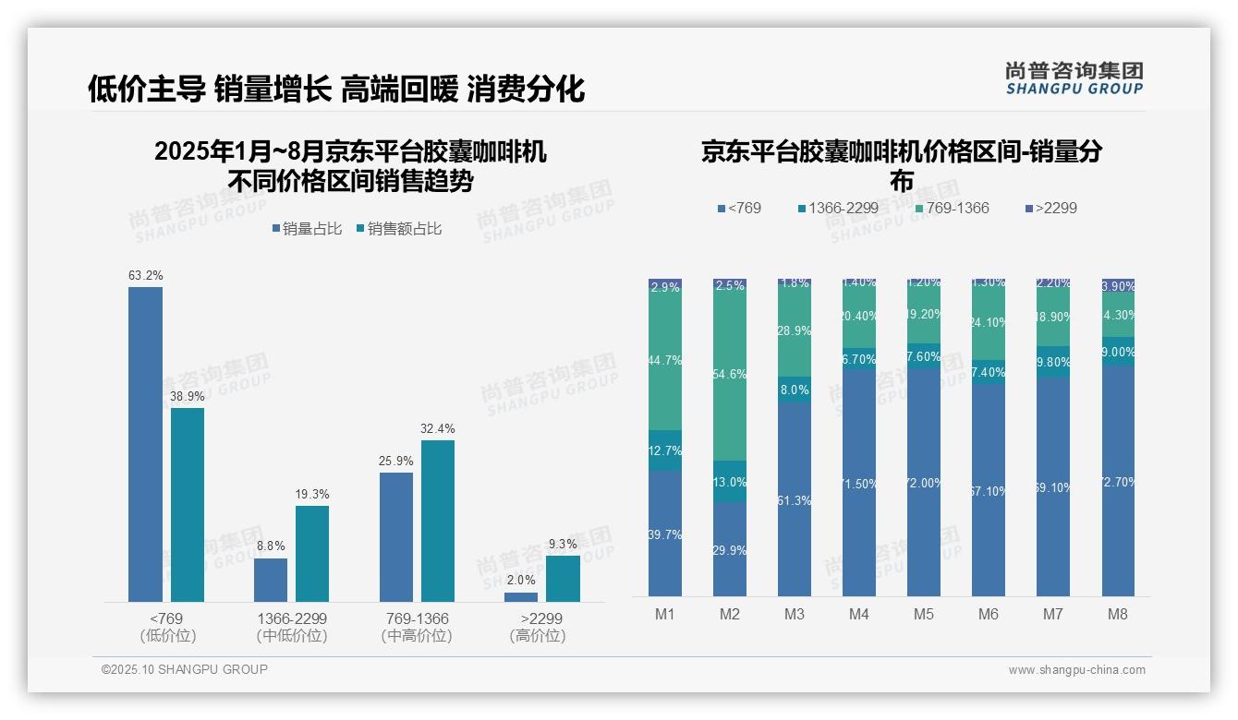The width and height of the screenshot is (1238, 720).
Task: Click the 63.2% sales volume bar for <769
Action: (x=145, y=444)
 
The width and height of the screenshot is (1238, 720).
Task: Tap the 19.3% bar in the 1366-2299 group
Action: (x=312, y=554)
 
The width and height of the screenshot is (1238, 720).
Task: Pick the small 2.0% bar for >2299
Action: (x=521, y=597)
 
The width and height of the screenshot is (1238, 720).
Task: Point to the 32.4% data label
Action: (x=437, y=429)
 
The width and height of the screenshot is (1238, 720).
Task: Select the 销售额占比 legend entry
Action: (x=398, y=229)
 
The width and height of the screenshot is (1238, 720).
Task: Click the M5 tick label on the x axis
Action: (x=924, y=614)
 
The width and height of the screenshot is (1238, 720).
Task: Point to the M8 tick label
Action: (x=1118, y=614)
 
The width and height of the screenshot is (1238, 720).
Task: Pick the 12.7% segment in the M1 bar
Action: (x=665, y=450)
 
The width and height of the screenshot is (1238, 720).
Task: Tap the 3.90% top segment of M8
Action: (x=1118, y=285)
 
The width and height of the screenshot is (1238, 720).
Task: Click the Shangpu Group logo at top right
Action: (x=1074, y=78)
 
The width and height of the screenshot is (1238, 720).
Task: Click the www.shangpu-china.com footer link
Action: (x=1076, y=670)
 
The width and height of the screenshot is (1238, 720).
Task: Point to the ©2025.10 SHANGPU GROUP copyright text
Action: (x=185, y=669)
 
